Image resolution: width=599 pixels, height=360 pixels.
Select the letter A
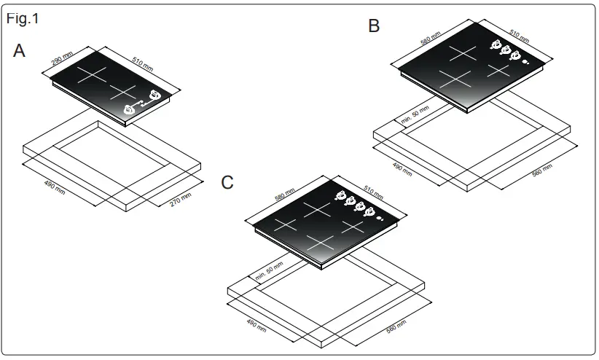coord(20,51)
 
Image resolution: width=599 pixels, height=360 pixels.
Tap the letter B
coord(374,27)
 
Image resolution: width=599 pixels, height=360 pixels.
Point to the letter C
coord(227,182)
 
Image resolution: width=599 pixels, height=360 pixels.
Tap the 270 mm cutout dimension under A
coord(180,198)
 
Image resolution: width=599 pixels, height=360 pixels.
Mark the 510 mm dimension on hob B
coord(519,36)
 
